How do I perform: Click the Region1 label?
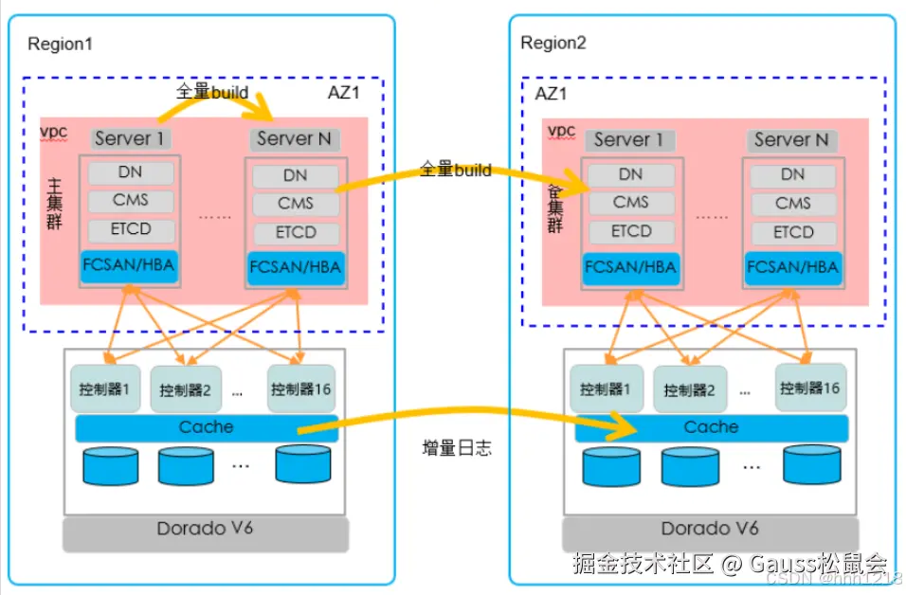coord(61,44)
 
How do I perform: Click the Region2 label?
coord(553,44)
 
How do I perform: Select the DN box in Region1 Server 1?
coord(132,172)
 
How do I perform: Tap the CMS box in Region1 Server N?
coord(295,204)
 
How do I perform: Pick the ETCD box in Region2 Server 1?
coord(631,231)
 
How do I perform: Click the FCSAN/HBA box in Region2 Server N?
coord(793,267)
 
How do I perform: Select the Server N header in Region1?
coord(294,139)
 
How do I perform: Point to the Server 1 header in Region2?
coord(629,139)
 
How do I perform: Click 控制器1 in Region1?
coord(105,389)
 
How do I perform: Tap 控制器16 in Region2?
coord(809,388)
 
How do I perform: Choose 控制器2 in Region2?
coord(689,389)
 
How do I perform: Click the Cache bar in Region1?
coord(206,427)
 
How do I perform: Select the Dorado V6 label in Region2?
coord(710,529)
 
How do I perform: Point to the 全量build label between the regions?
coord(456,170)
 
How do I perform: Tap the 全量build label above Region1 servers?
coord(212,92)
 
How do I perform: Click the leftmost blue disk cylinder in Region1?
coord(112,465)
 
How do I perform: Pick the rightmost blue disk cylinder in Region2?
coord(812,463)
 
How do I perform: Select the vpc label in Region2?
coord(562,130)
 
